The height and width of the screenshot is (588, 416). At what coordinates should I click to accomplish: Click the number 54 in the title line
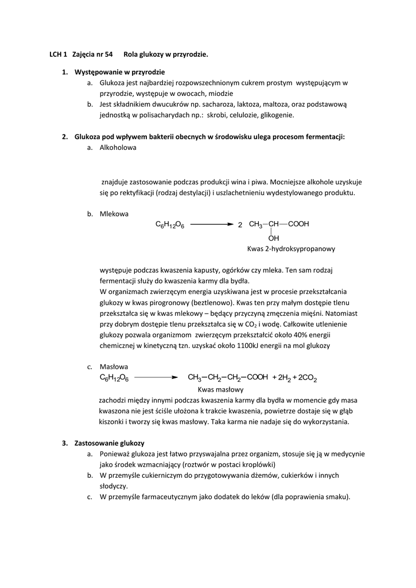pyautogui.click(x=107, y=55)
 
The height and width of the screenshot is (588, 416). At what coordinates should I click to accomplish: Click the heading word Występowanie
pyautogui.click(x=98, y=72)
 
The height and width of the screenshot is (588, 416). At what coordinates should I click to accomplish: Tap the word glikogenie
pyautogui.click(x=275, y=115)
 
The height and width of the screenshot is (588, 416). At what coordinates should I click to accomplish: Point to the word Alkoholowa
pyautogui.click(x=118, y=148)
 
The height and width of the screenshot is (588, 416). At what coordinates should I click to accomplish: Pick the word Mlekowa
pyautogui.click(x=114, y=214)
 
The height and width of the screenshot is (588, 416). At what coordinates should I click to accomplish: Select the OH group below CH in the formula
pyautogui.click(x=274, y=238)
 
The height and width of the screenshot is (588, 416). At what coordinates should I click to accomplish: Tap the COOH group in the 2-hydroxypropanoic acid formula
pyautogui.click(x=298, y=224)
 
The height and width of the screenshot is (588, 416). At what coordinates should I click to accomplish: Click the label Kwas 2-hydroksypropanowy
pyautogui.click(x=291, y=249)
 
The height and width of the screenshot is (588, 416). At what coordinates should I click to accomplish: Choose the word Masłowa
pyautogui.click(x=114, y=366)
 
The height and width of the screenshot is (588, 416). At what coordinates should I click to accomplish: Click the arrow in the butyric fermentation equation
pyautogui.click(x=156, y=377)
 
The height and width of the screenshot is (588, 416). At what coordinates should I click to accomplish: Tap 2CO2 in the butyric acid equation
pyautogui.click(x=308, y=378)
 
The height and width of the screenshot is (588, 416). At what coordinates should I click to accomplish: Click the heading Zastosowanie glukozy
pyautogui.click(x=109, y=443)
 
